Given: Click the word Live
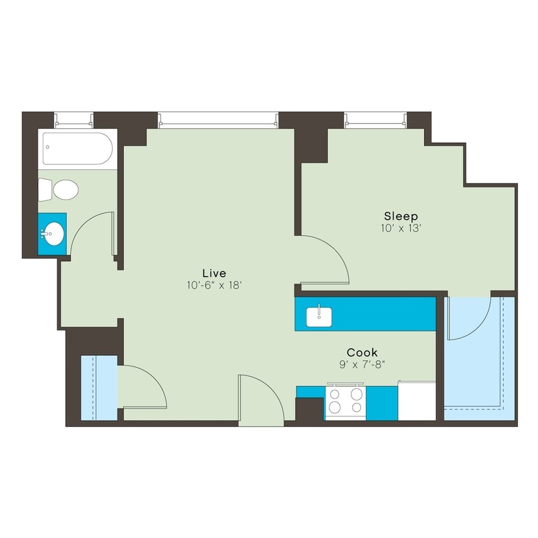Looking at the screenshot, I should coord(214,273).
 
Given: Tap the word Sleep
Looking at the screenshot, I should coord(400,216).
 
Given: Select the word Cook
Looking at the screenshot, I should coord(362,352).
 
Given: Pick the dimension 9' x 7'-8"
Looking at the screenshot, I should coord(362,364).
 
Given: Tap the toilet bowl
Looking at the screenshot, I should coord(64,189).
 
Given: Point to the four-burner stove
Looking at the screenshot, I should coord(345,402).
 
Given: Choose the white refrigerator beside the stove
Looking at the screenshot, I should coord(417,402).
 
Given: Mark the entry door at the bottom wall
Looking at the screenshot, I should coord(260,400).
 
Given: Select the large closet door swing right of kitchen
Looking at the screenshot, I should coord(469,317).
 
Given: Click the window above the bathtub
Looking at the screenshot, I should coord(74,119).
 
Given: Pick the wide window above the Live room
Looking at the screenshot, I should coord(217,119).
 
